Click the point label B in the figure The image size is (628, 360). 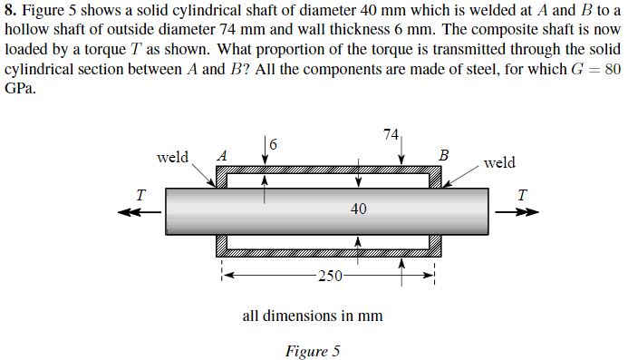click(442, 153)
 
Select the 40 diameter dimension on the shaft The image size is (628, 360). click(358, 209)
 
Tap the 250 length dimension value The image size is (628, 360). click(330, 277)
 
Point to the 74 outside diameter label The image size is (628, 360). click(391, 134)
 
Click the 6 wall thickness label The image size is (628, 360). click(274, 143)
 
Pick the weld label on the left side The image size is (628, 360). click(172, 156)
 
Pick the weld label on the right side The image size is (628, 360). click(499, 162)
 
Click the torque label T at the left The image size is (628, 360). click(140, 193)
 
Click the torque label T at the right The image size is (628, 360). click(520, 193)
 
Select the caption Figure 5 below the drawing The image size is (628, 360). click(312, 351)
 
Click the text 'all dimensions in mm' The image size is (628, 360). click(312, 316)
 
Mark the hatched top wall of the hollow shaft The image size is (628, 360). click(326, 170)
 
